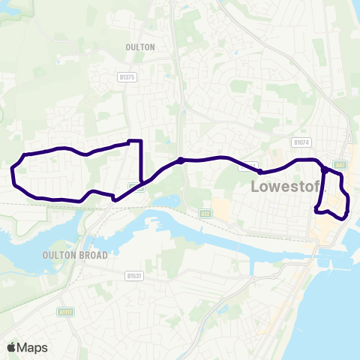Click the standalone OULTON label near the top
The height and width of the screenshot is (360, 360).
pos(140,46)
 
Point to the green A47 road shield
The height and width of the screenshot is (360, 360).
pos(340,164)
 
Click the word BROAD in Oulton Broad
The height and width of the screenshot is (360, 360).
pos(95,255)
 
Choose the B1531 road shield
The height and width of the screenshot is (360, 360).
pos(133,276)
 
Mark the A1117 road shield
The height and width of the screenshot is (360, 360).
pos(66,311)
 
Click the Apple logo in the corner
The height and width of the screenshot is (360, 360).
pos(11,347)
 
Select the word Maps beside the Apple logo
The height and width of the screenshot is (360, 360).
pos(33,347)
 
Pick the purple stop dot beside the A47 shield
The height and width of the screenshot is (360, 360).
pos(324,169)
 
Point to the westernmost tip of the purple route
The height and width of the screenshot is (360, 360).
pos(11,174)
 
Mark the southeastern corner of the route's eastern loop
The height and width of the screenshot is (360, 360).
pos(344,218)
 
